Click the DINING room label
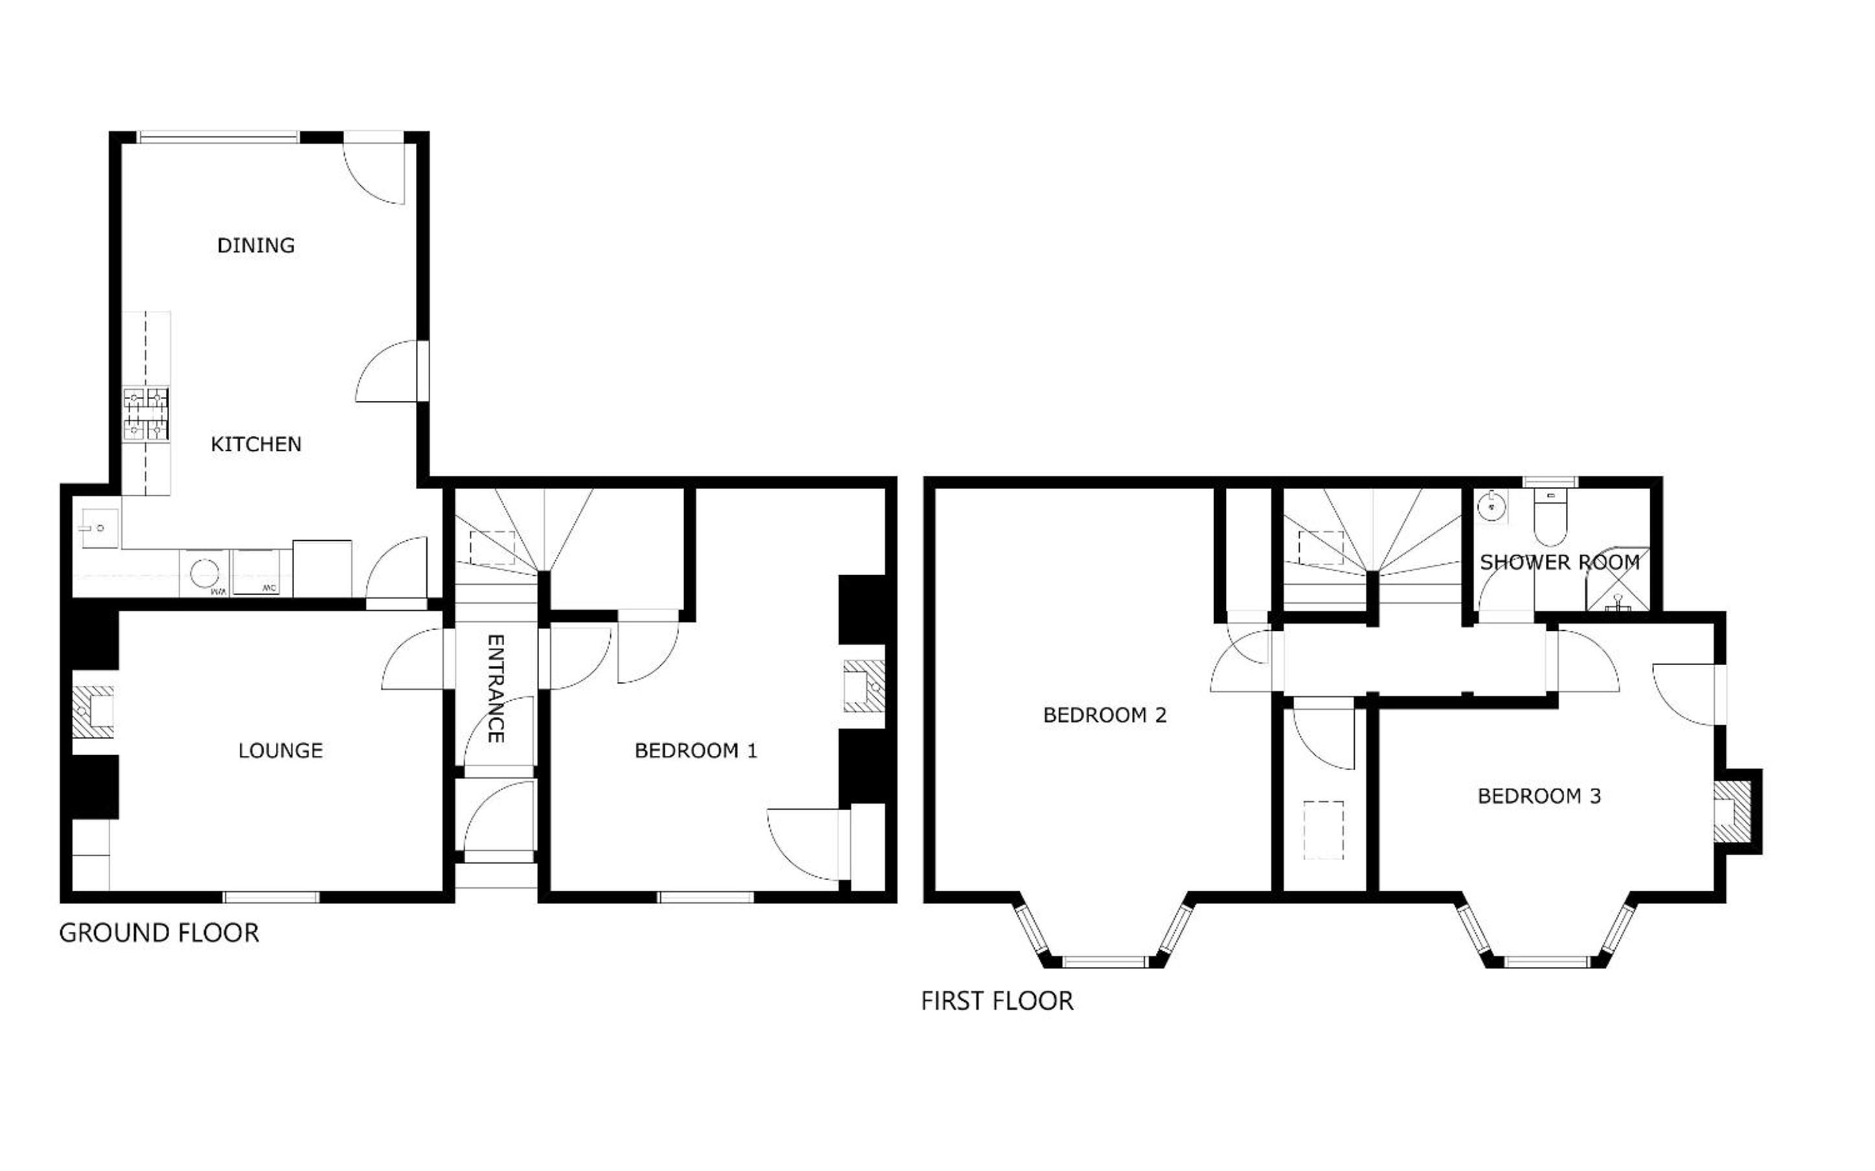point(255,245)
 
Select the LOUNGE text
point(281,751)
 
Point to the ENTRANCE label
point(496,688)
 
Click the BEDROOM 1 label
point(695,751)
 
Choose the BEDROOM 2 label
point(1105,715)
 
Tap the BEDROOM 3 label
point(1539,796)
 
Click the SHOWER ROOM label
point(1559,562)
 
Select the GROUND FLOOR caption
point(159,933)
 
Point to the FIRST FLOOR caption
point(996,1001)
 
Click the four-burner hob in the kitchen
point(146,415)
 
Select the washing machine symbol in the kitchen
point(205,574)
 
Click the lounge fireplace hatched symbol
point(93,711)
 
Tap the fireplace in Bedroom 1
point(864,685)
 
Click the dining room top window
point(218,138)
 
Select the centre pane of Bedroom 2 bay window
point(1103,962)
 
